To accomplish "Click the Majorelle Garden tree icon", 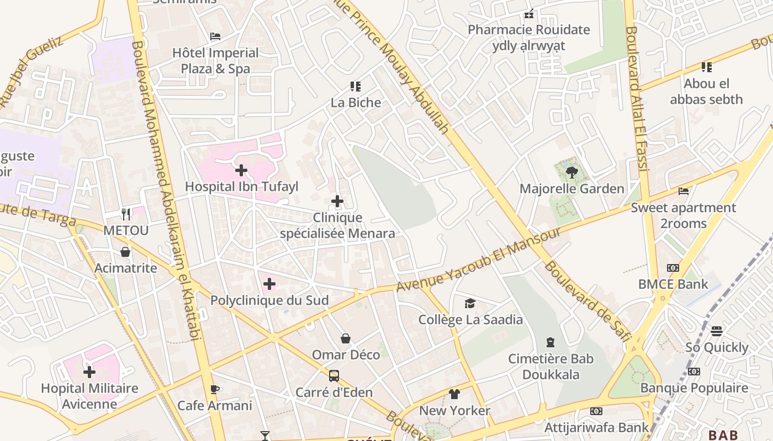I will click(571, 173).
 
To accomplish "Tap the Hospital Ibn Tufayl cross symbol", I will click(241, 170).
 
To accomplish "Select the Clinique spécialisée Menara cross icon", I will click(337, 201).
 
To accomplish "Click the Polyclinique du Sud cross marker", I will click(269, 284).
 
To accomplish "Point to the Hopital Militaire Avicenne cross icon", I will click(89, 372).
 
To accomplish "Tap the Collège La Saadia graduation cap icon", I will click(470, 303).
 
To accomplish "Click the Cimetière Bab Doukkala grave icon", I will click(550, 342).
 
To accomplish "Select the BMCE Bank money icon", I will click(673, 268).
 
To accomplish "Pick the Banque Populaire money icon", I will click(694, 372).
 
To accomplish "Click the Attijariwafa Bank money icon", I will click(596, 411).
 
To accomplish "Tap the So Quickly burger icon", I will click(717, 331).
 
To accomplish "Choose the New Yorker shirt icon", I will click(454, 394).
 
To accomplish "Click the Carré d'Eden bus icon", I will click(334, 376).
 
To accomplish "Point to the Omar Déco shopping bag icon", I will click(346, 338).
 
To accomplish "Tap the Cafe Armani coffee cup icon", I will click(215, 389).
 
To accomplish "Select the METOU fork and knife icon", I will click(126, 214).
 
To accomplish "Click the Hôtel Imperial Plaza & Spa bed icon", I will click(215, 36).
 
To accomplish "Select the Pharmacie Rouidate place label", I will click(529, 30).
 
